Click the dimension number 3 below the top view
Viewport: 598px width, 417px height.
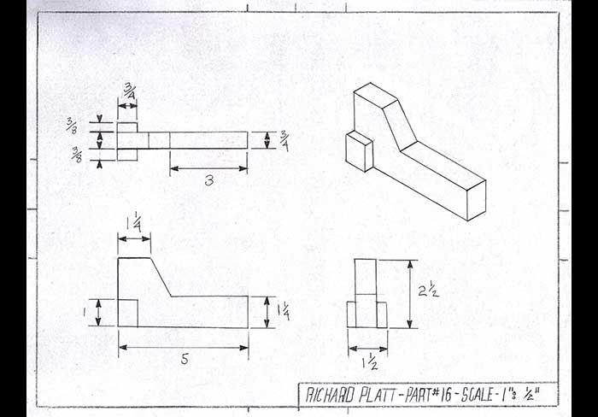point(209,180)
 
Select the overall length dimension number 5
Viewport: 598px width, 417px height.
point(185,359)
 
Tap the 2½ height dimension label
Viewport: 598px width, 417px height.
point(428,291)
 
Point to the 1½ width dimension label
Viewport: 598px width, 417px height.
point(370,363)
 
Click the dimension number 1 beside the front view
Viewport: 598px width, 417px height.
point(85,312)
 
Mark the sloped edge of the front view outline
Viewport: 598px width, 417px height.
point(161,277)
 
